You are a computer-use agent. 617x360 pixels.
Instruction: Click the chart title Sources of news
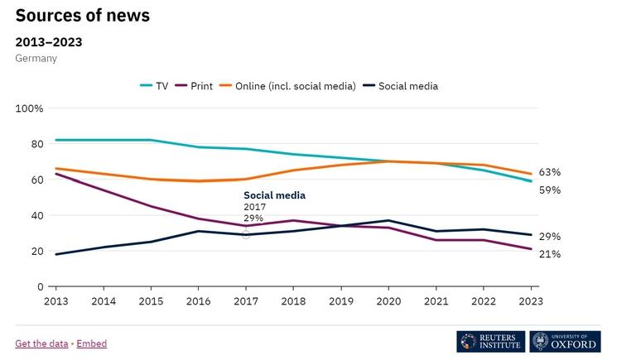[x=83, y=15]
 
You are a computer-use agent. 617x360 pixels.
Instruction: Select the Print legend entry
[x=194, y=86]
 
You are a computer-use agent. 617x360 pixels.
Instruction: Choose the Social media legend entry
[x=401, y=86]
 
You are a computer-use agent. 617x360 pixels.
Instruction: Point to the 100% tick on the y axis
[x=29, y=108]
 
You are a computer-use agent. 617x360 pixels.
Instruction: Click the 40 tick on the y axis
[x=37, y=215]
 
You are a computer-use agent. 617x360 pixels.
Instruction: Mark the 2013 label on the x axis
[x=56, y=302]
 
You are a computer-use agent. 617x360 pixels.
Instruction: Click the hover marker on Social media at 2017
[x=246, y=234]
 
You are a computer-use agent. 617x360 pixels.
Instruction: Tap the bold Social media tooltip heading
[x=274, y=195]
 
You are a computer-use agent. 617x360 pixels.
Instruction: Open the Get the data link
[x=42, y=343]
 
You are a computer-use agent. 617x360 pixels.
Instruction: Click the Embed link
[x=92, y=343]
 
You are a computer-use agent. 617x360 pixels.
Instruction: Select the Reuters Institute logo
[x=490, y=342]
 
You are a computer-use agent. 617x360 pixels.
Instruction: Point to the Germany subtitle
[x=36, y=58]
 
